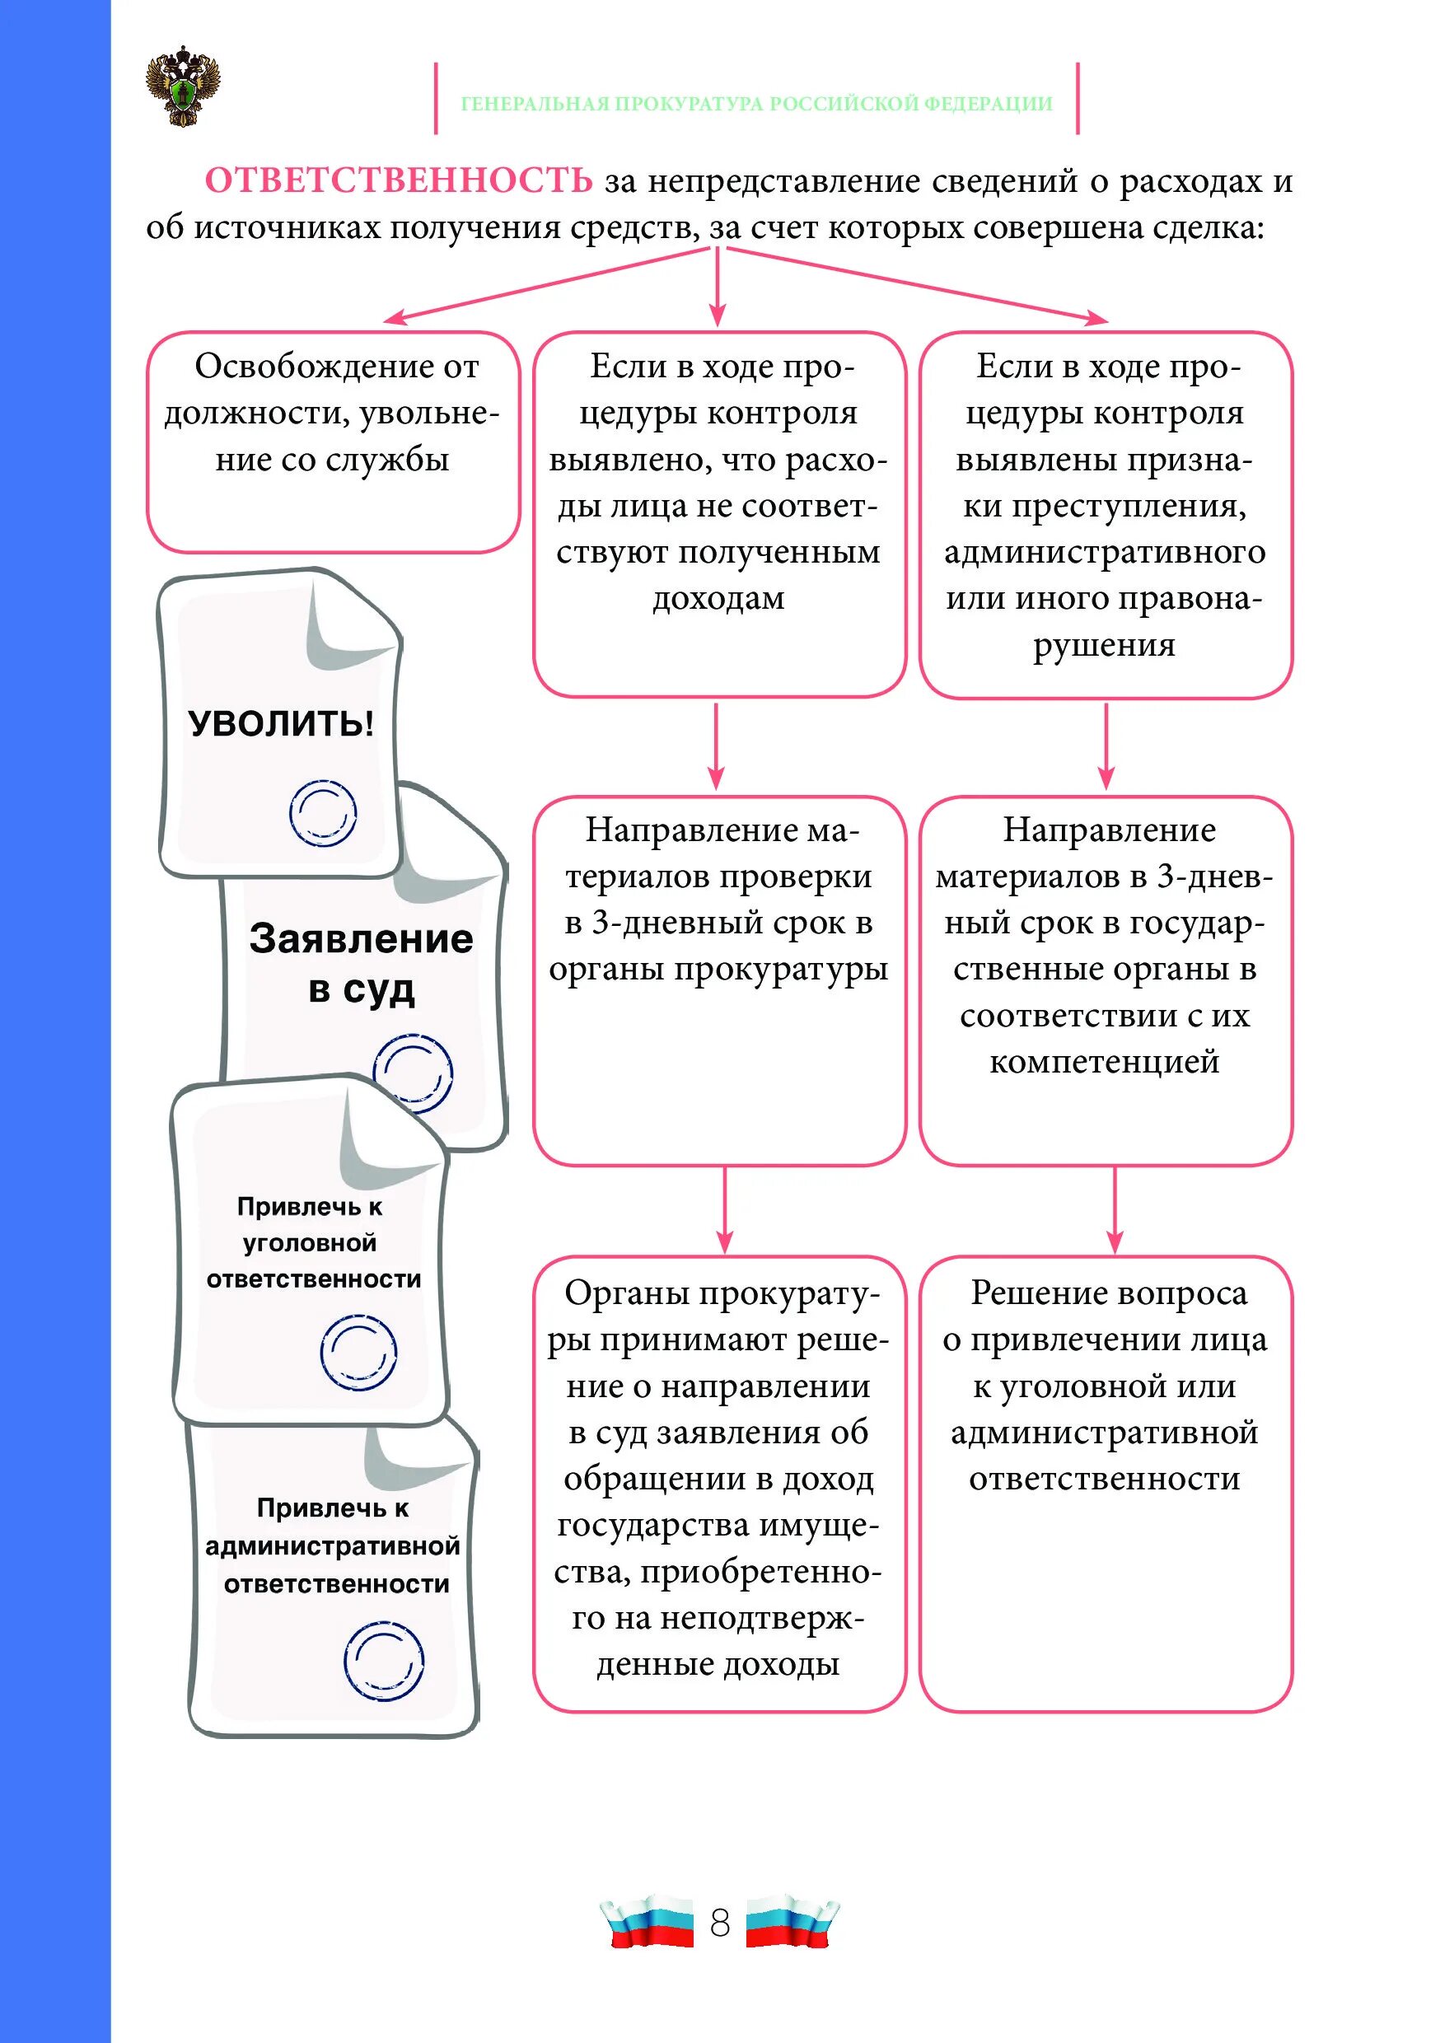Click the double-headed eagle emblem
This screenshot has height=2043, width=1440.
tap(182, 86)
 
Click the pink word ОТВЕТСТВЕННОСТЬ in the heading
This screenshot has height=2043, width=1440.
tap(399, 180)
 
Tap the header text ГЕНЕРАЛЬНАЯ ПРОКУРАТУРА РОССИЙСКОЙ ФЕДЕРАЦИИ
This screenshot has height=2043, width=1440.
tap(756, 103)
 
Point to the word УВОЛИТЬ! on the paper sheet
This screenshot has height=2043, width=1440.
tap(281, 723)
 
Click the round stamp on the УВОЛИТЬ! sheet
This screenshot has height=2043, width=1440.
tap(322, 812)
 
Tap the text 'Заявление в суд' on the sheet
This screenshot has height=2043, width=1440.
tap(361, 963)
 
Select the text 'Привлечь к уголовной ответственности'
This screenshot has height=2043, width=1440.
tap(311, 1242)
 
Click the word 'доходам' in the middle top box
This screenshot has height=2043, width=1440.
tap(719, 599)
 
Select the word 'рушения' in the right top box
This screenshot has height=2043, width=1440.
tap(1104, 645)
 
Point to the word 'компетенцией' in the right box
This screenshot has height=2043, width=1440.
tap(1104, 1062)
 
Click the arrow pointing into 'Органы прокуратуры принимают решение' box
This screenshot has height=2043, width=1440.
tap(724, 1210)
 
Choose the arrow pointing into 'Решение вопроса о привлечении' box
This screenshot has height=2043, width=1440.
tap(1115, 1210)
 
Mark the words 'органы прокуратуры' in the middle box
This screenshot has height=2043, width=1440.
tap(718, 969)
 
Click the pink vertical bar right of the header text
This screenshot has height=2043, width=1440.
tap(1078, 98)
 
